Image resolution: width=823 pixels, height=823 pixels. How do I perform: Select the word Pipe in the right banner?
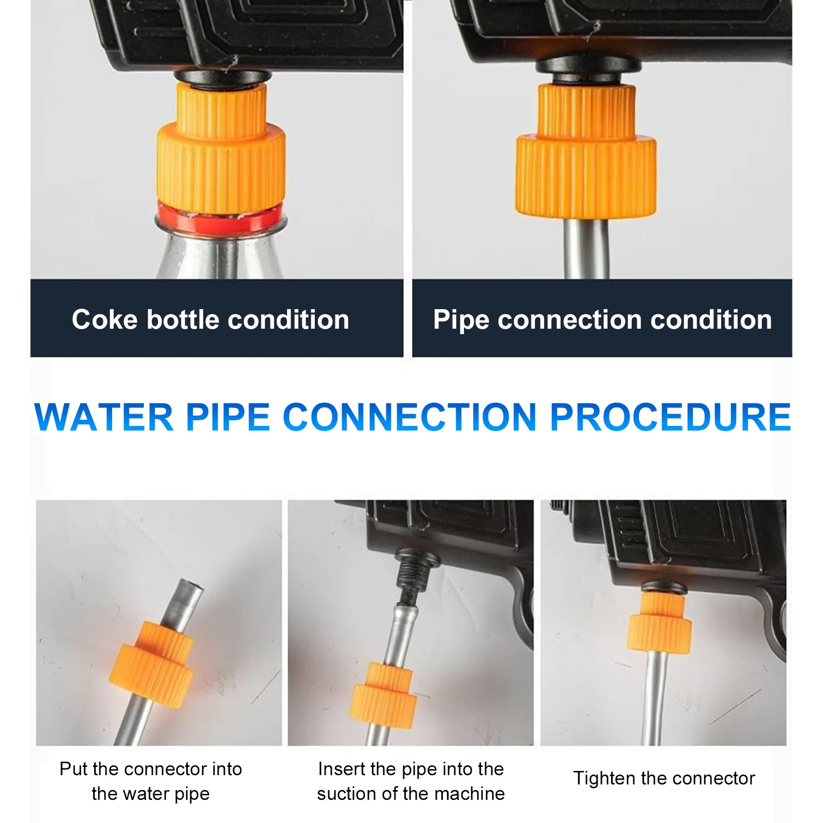coord(460,320)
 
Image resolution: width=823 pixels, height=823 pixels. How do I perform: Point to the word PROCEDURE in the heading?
coord(670,417)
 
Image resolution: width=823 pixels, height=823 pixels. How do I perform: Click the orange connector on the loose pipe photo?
coord(152,664)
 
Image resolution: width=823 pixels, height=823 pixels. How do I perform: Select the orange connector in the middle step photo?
coord(383,694)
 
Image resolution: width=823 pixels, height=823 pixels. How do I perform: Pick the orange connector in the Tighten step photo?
coord(659,625)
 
